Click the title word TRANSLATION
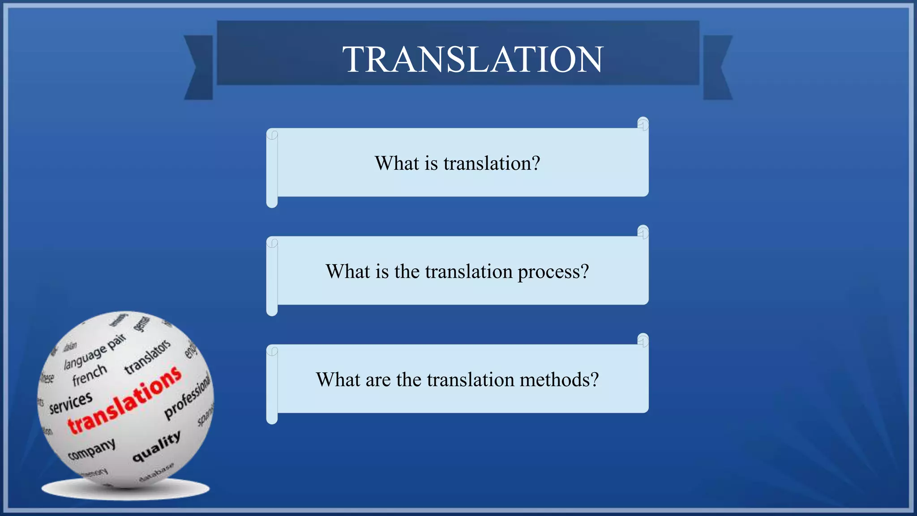[473, 60]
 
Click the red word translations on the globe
[124, 400]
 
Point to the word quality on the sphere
[157, 446]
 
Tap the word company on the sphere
[92, 449]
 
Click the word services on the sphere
[71, 402]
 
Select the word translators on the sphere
[147, 357]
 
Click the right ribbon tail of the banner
[717, 67]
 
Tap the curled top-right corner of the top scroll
[643, 124]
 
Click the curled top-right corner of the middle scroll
[643, 232]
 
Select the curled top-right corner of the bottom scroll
[643, 340]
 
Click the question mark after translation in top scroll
[536, 163]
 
